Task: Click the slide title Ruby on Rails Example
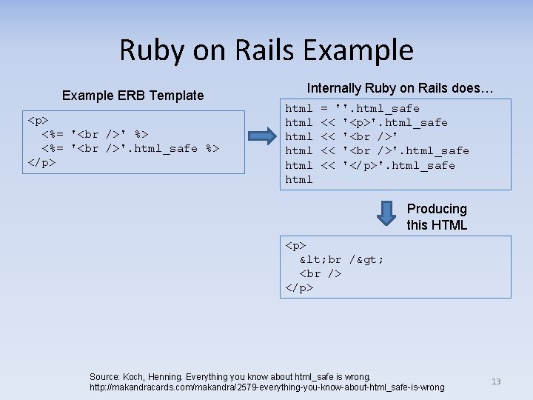coord(266,50)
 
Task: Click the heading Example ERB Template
coord(133,95)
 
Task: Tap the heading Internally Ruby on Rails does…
coord(400,88)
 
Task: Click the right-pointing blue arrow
coord(262,136)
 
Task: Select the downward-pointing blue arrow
coord(386,213)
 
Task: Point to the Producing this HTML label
coord(437,217)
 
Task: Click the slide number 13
coord(496,381)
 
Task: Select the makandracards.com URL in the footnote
coord(266,387)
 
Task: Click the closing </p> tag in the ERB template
coord(41,162)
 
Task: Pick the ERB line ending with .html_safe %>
coord(130,148)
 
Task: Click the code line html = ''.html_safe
coord(352,108)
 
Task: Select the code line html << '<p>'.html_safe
coord(366,122)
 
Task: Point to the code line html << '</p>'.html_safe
coord(370,165)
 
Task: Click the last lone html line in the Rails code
coord(299,179)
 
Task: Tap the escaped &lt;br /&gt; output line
coord(341,259)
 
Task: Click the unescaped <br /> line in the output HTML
coord(321,273)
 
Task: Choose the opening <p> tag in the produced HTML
coord(296,245)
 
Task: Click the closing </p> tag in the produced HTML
coord(300,287)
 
